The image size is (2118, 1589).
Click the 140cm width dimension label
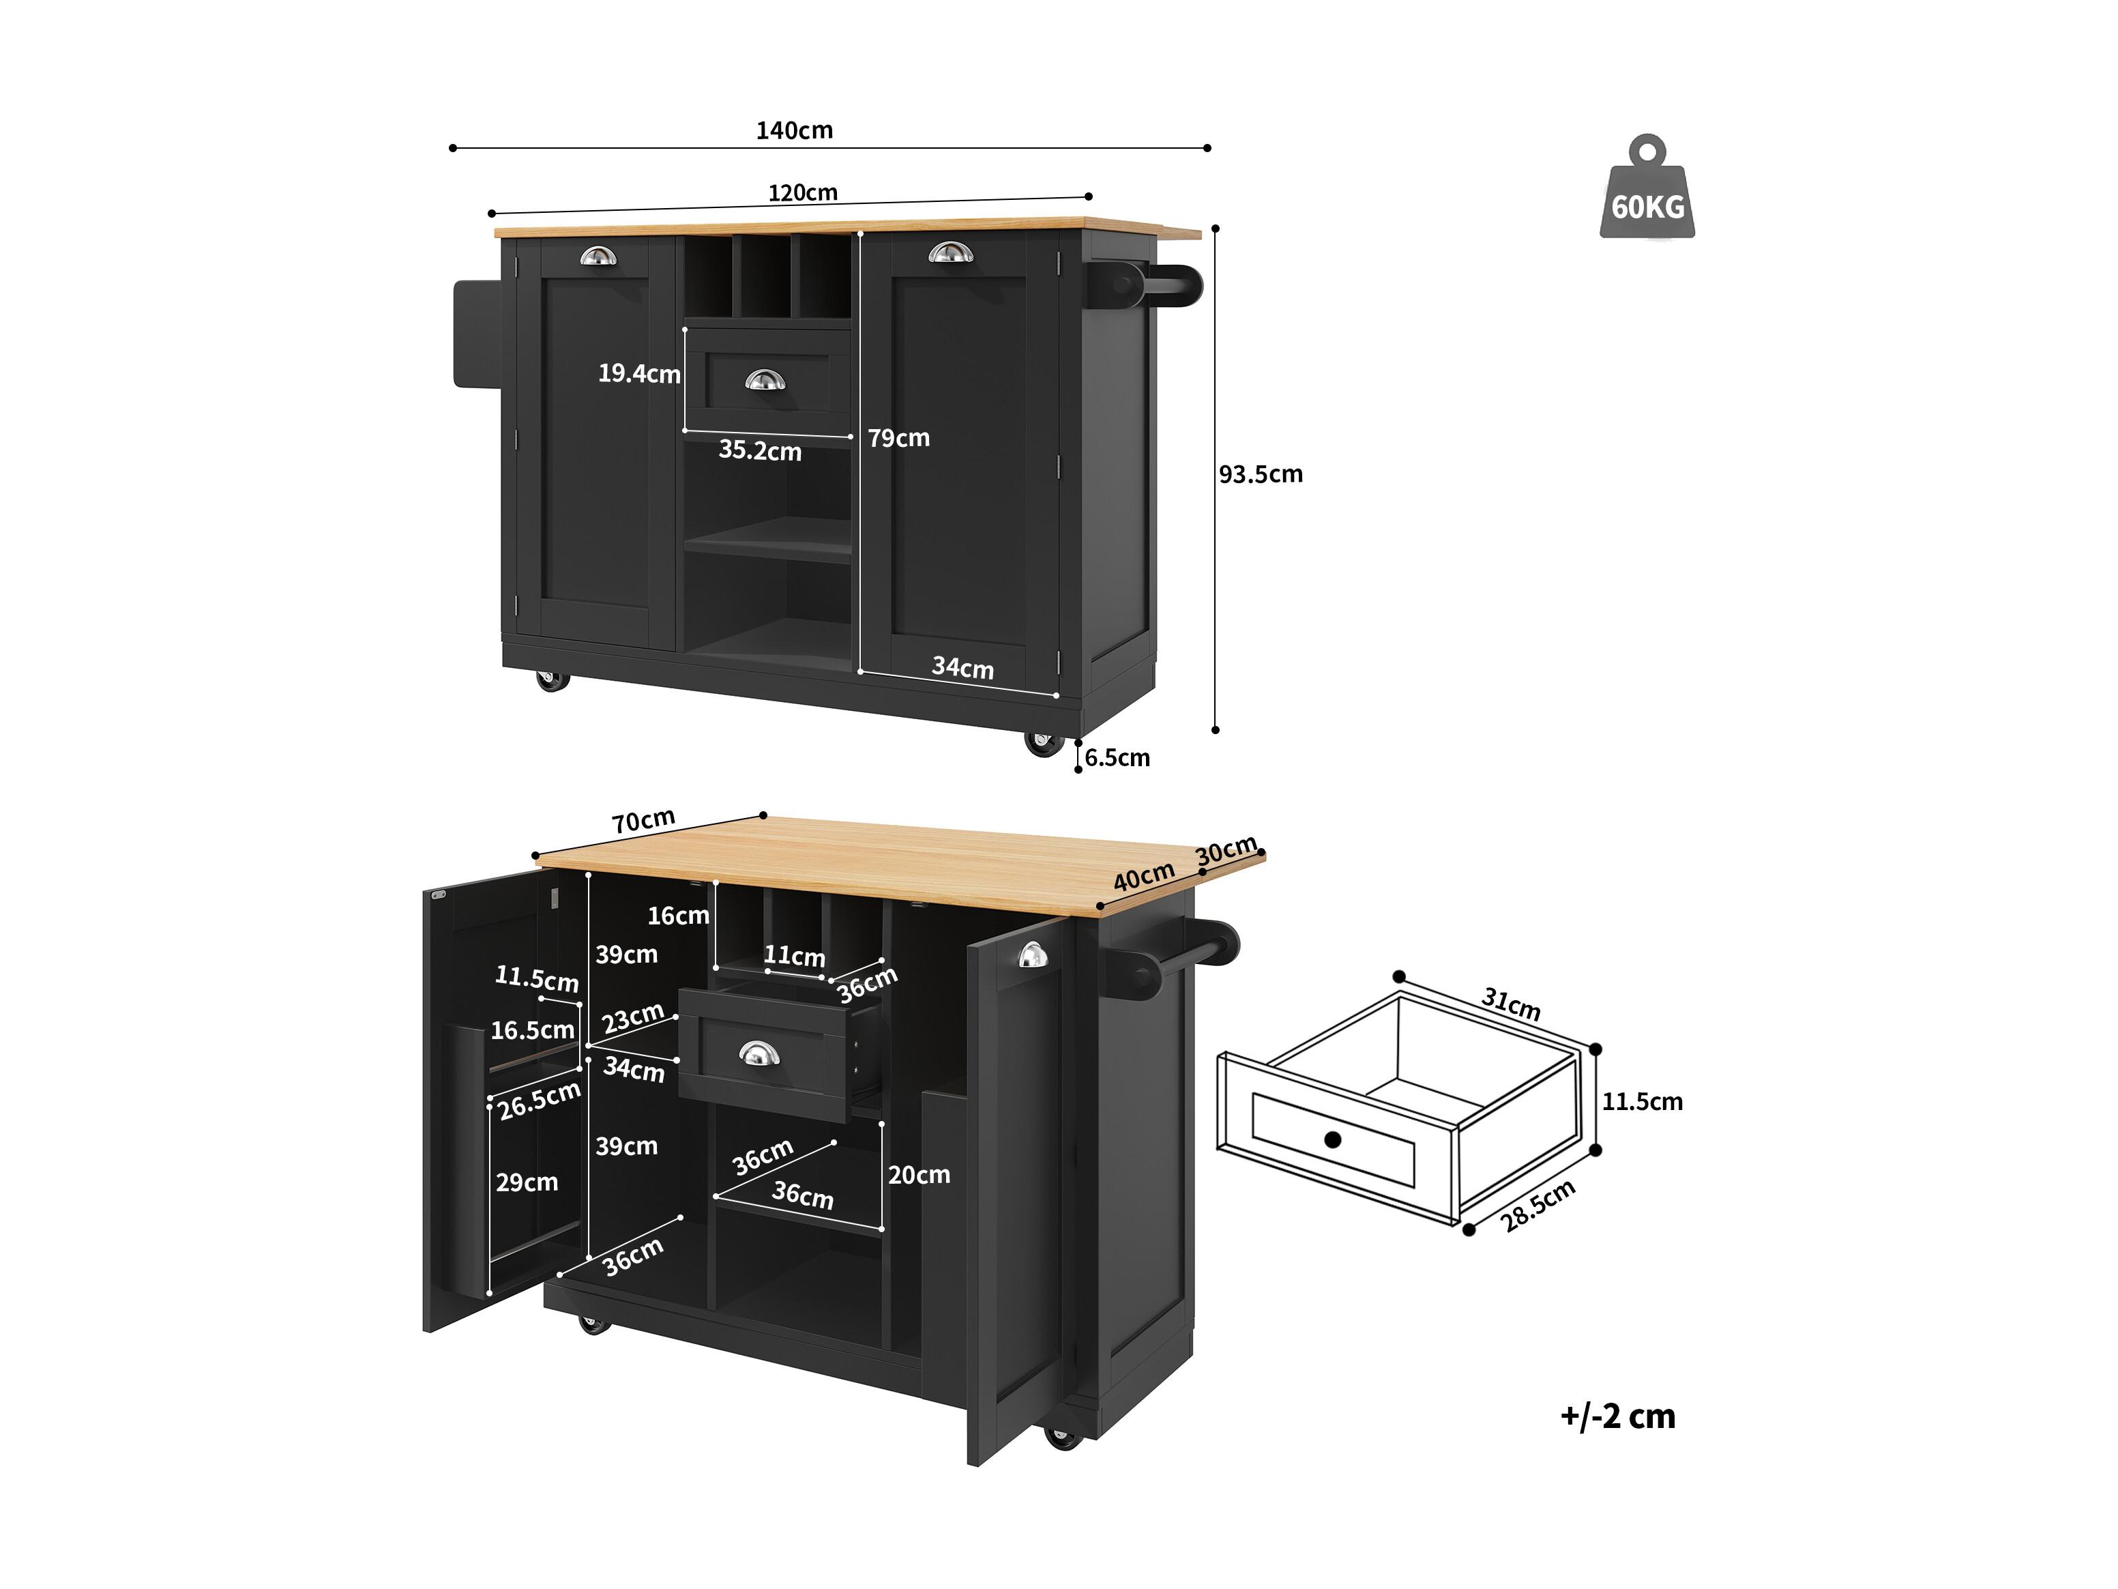[x=794, y=130]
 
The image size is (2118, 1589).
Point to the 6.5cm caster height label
[x=1117, y=757]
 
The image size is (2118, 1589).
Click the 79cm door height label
[x=898, y=438]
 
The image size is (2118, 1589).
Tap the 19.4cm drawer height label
[x=638, y=374]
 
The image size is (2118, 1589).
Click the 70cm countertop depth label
[x=643, y=821]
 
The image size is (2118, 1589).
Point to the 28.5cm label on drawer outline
[x=1537, y=1205]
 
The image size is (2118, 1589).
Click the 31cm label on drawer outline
[x=1511, y=1004]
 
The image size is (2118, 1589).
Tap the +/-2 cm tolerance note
[x=1617, y=1416]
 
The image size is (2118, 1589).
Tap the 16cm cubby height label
[x=678, y=916]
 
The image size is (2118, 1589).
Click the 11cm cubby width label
[x=794, y=956]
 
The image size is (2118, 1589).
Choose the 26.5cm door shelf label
[x=539, y=1100]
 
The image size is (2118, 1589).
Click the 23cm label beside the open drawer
[x=633, y=1017]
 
